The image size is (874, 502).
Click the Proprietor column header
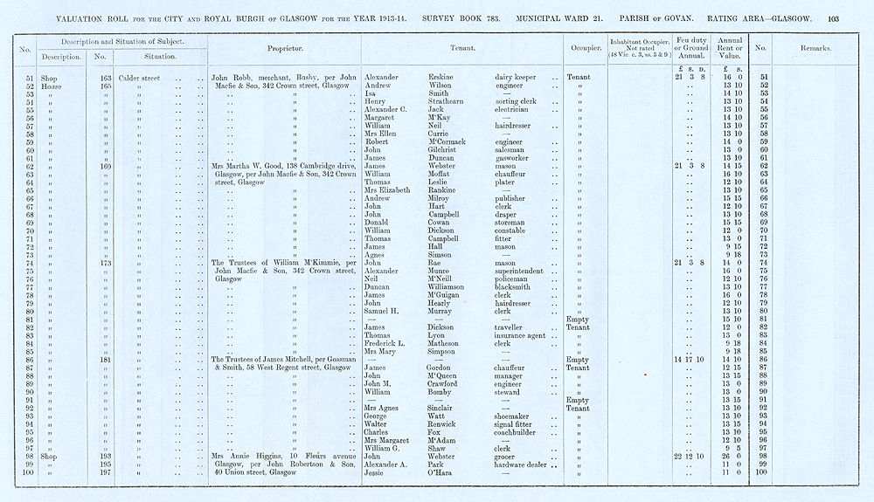click(x=284, y=48)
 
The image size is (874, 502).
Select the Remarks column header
click(x=814, y=48)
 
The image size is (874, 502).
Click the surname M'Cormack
click(x=453, y=141)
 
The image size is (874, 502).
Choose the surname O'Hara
click(x=443, y=472)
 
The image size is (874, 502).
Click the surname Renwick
click(x=445, y=423)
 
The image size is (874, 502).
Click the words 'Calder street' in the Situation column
click(x=142, y=78)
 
